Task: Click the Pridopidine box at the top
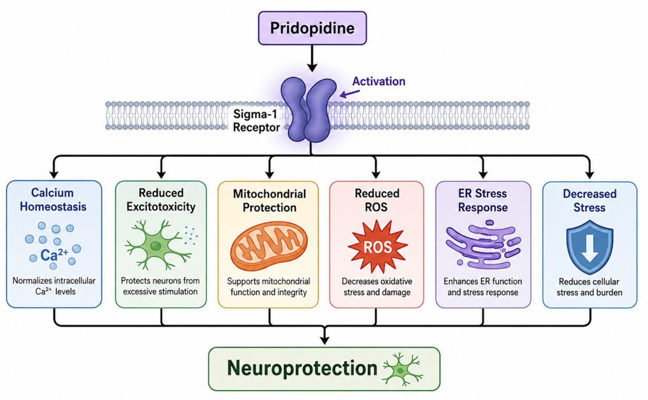coord(312,28)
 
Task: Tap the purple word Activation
coord(379,81)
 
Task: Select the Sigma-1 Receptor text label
coord(256,120)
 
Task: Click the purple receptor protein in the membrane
coord(308,109)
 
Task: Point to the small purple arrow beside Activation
coord(350,94)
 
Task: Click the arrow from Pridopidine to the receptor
coord(312,59)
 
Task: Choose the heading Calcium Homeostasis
coord(53,200)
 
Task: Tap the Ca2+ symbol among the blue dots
coord(54,254)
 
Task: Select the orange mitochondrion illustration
coord(269,246)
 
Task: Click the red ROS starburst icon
coord(378,247)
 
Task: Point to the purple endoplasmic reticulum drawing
coord(483,245)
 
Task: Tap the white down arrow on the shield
coord(589,248)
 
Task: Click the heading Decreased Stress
coord(589,201)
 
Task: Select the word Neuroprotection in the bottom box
coord(302,368)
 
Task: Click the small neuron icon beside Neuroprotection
coord(402,369)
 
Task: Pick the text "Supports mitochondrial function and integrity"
coord(268,286)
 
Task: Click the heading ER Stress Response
coord(483,200)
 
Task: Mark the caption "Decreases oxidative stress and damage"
coord(377,286)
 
